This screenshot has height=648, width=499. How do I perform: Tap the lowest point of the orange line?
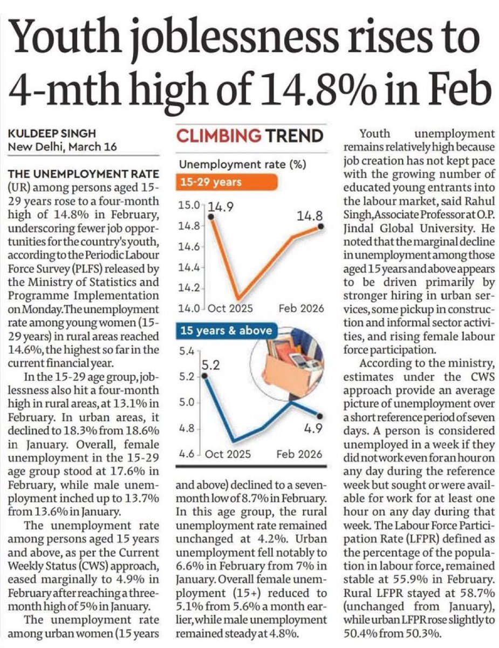click(238, 298)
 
